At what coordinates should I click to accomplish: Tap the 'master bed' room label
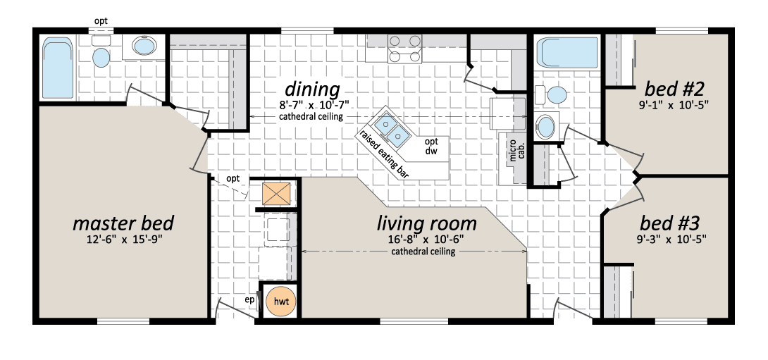pos(123,223)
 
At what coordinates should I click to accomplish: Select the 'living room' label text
pos(426,223)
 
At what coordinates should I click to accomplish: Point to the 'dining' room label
pos(313,89)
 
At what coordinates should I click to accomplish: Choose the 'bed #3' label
pos(669,224)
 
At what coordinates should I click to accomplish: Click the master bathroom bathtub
pos(58,68)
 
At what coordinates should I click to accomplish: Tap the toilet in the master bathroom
pos(101,51)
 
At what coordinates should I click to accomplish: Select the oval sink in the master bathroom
pos(144,47)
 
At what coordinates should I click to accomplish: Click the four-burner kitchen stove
pos(404,49)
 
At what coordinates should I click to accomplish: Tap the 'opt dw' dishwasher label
pos(431,147)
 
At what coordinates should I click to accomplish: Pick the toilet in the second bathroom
pos(552,94)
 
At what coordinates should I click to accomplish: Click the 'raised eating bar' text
pos(384,154)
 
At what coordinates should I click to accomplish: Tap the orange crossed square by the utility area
pos(275,194)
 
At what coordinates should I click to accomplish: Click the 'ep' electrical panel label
pos(250,300)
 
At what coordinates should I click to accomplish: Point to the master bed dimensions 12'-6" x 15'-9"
pos(123,240)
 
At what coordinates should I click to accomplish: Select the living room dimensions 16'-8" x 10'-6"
pos(423,240)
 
